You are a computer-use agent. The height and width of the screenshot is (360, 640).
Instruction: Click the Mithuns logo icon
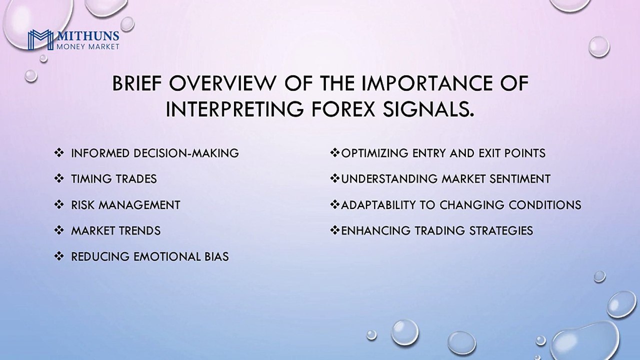pos(40,39)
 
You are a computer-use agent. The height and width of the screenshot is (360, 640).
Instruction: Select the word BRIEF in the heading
pos(137,83)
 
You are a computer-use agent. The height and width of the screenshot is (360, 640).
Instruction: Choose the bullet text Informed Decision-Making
pos(155,153)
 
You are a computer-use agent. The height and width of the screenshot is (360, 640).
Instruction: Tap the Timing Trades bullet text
pos(114,179)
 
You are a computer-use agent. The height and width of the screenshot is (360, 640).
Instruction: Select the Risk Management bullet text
pos(125,205)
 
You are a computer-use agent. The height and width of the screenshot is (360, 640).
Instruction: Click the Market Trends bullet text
pos(116,231)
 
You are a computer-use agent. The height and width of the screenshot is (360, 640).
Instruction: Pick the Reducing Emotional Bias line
pos(150,257)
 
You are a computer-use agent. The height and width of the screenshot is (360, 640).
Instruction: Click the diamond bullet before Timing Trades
pos(59,179)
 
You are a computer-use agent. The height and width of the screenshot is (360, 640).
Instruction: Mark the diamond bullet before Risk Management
pos(59,205)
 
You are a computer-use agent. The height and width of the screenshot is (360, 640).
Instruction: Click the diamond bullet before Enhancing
pos(335,231)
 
